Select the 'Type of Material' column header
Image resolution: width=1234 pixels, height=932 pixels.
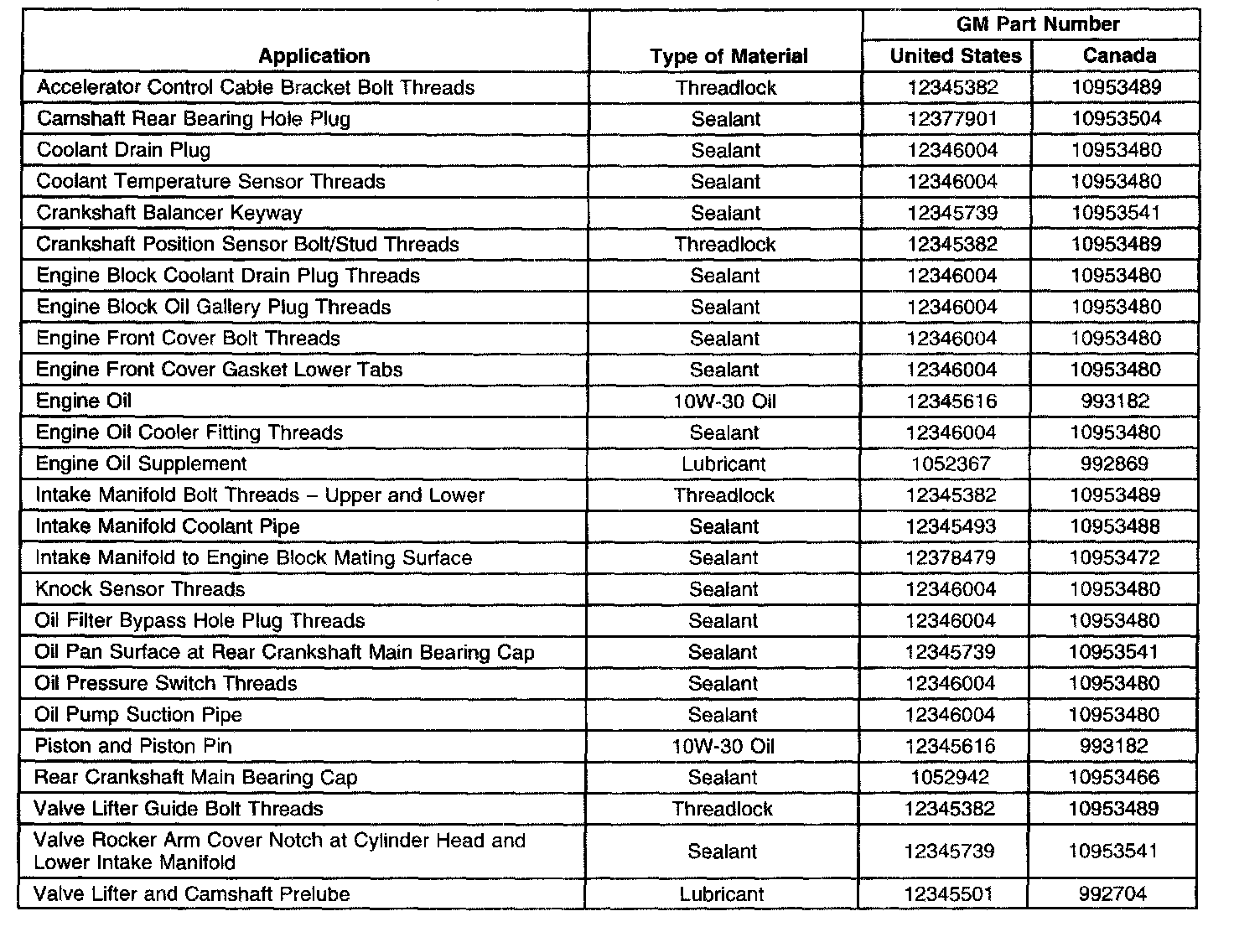(728, 56)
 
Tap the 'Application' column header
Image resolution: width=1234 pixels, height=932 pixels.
(314, 56)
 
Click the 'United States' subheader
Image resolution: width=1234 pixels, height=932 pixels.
(955, 56)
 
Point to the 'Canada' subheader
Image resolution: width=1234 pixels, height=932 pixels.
(1119, 56)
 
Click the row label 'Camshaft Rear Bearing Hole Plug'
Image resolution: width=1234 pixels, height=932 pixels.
(194, 119)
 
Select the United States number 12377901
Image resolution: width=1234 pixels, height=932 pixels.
(952, 119)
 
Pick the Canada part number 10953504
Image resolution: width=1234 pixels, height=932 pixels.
(1117, 119)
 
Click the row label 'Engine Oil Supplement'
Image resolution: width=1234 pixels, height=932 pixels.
(141, 463)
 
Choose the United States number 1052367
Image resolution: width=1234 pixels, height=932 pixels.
(950, 463)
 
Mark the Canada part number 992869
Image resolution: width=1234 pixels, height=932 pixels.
(1114, 463)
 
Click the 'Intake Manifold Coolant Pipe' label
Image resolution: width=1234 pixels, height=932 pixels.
(167, 526)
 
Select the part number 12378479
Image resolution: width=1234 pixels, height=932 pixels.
(951, 558)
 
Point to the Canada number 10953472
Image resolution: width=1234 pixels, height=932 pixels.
(1115, 558)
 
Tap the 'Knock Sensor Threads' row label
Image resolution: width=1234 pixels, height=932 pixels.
(140, 589)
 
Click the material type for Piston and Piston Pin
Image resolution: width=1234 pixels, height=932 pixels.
(723, 746)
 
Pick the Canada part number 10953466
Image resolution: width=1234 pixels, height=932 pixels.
(1114, 778)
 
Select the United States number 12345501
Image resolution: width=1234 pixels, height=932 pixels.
(950, 894)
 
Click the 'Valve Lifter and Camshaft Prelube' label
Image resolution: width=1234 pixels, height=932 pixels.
(192, 894)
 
